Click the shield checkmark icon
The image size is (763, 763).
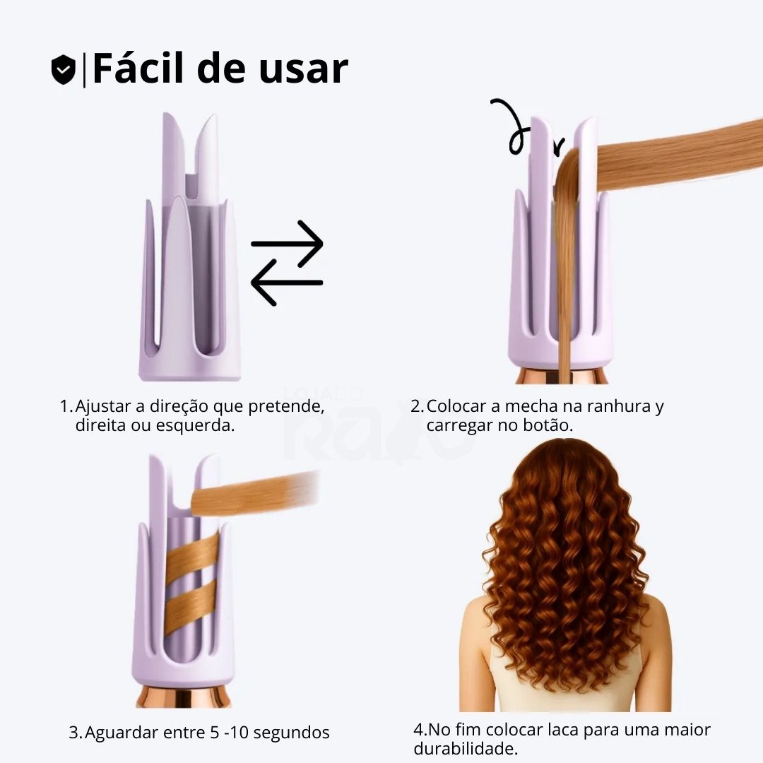tap(64, 69)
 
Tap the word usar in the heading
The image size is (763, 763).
tap(304, 69)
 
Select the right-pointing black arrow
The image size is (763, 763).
tap(287, 244)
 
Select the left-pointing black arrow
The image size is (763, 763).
tap(287, 282)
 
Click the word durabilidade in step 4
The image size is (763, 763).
tap(466, 748)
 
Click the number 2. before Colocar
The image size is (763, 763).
tap(417, 406)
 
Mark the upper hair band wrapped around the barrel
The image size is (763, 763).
tap(192, 555)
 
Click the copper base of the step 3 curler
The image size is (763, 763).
tap(183, 697)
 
